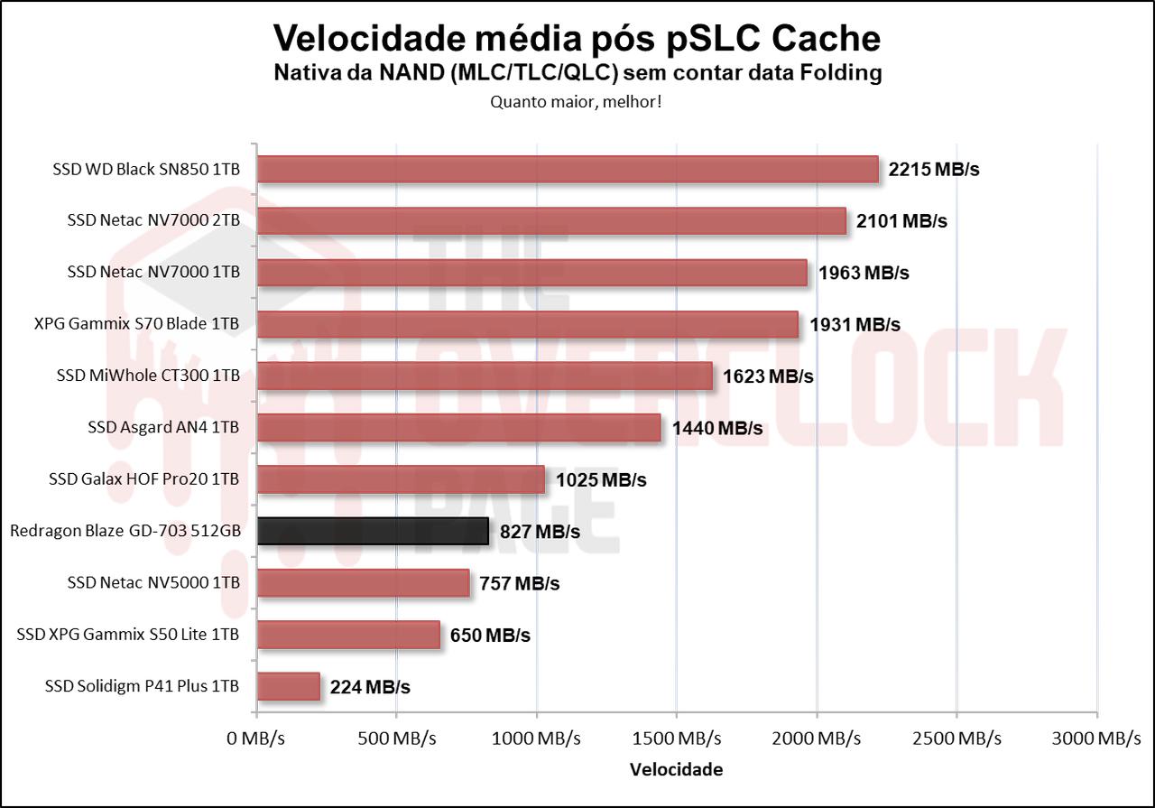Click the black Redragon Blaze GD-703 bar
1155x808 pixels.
(x=373, y=531)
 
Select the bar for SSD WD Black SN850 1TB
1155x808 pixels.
(x=568, y=169)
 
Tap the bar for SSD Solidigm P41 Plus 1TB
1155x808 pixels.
(x=289, y=686)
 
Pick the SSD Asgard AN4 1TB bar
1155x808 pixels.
(x=459, y=427)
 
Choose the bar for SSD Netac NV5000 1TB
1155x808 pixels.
(x=364, y=582)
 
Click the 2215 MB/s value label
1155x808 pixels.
(x=934, y=170)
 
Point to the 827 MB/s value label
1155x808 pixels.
(x=540, y=532)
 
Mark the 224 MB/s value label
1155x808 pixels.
(x=370, y=687)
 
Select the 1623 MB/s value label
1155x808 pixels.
(x=768, y=376)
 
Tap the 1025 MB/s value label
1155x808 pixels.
(x=601, y=479)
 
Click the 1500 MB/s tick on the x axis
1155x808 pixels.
(x=677, y=738)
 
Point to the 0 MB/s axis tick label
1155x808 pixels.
(x=256, y=738)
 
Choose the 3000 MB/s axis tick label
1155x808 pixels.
(x=1096, y=738)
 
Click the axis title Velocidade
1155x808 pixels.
(x=676, y=770)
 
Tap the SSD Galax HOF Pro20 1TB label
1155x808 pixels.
(x=144, y=478)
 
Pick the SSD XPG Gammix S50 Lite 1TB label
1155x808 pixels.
(x=128, y=635)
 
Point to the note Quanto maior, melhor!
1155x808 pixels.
(x=577, y=101)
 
